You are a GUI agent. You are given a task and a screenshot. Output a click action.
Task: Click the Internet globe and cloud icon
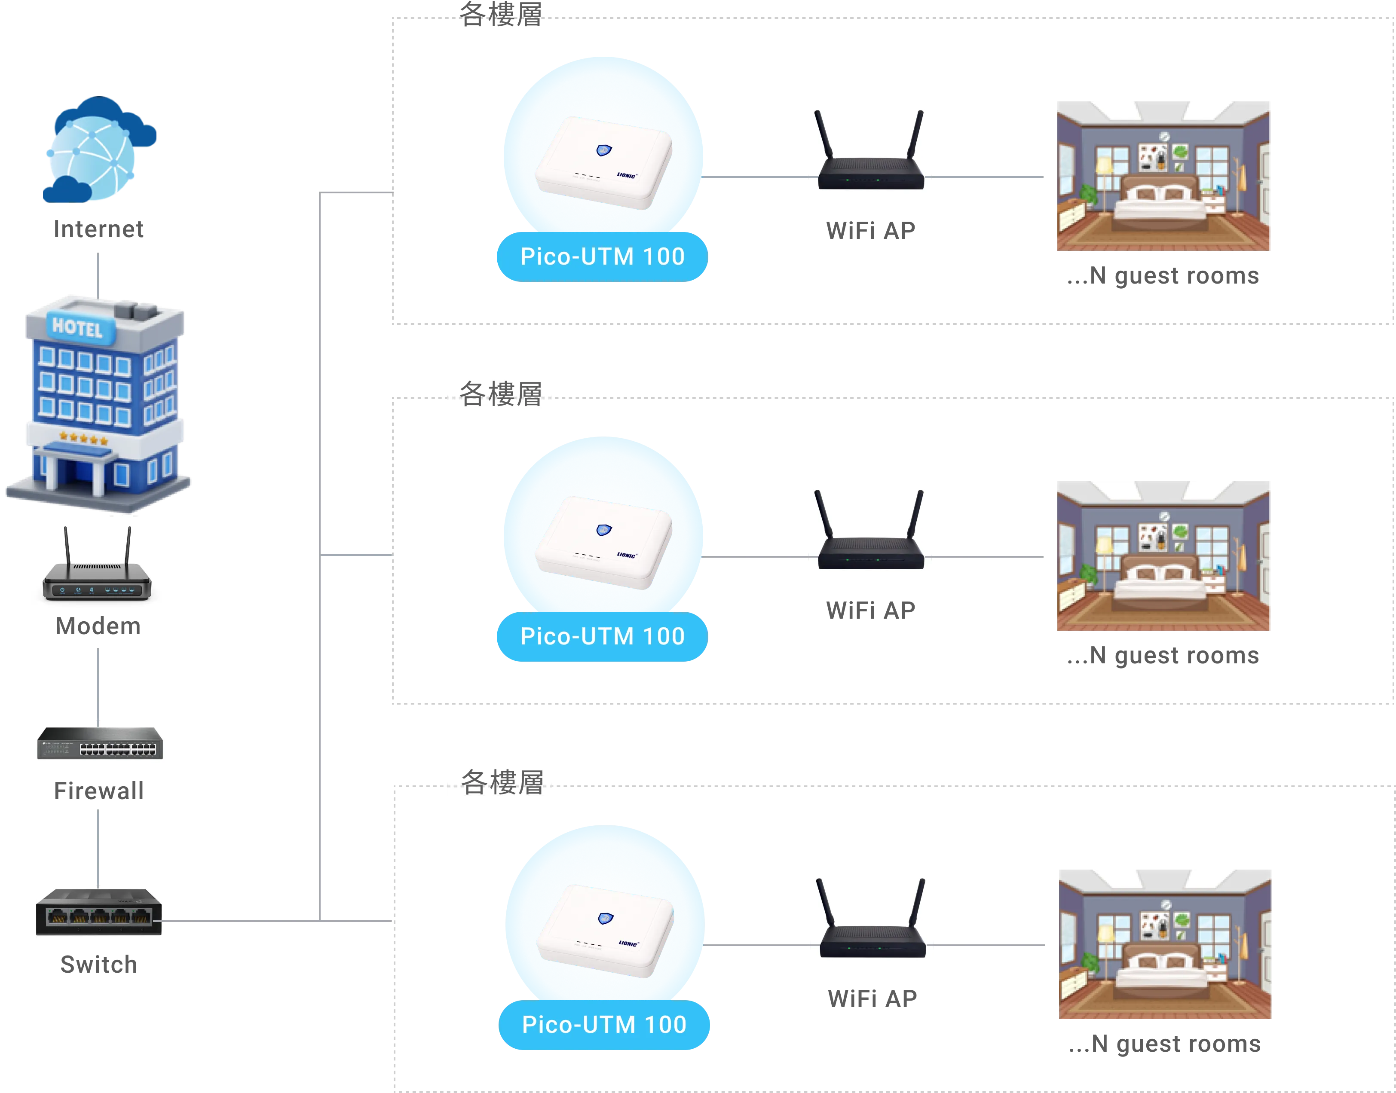point(99,150)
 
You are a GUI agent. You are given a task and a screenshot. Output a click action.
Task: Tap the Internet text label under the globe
point(99,229)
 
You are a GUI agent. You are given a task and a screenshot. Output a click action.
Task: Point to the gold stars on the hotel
point(83,440)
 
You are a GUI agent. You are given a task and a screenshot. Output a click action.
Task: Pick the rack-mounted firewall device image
point(98,741)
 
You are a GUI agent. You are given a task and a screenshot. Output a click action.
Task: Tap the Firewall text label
point(99,791)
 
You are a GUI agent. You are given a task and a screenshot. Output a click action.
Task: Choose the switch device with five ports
point(98,911)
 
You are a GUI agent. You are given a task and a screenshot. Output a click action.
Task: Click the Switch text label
point(98,964)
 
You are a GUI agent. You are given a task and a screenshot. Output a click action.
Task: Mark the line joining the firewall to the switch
point(98,845)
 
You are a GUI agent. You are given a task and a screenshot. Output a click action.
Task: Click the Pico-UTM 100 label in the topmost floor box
point(602,256)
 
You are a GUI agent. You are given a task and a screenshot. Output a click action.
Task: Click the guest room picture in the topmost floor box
point(1163,175)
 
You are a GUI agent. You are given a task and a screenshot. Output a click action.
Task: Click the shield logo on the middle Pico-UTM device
point(603,530)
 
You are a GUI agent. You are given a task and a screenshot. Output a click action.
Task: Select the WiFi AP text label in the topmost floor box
point(871,230)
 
